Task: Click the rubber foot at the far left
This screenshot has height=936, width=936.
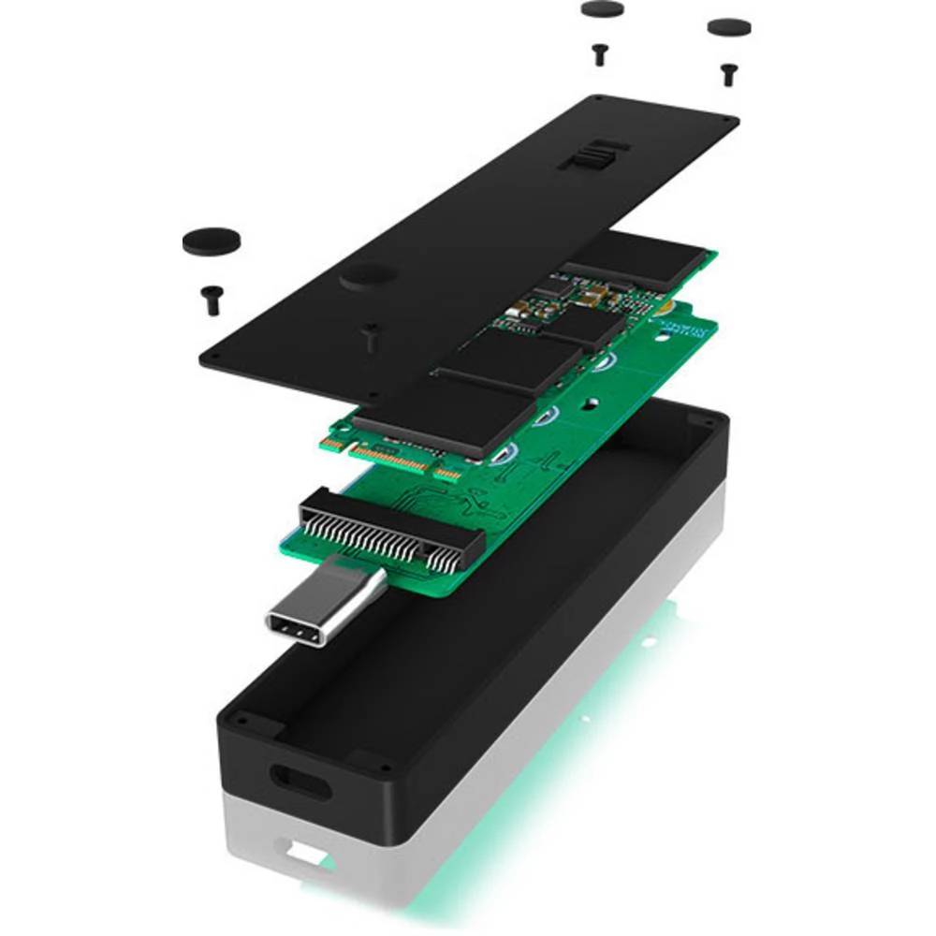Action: (x=211, y=241)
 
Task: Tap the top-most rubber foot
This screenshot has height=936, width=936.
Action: (x=602, y=9)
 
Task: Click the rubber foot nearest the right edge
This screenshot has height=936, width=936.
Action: (x=729, y=27)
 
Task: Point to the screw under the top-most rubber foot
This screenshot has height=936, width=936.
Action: (x=600, y=53)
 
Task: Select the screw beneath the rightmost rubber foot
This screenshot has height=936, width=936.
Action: (x=727, y=73)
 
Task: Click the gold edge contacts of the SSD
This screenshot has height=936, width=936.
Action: (x=393, y=458)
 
